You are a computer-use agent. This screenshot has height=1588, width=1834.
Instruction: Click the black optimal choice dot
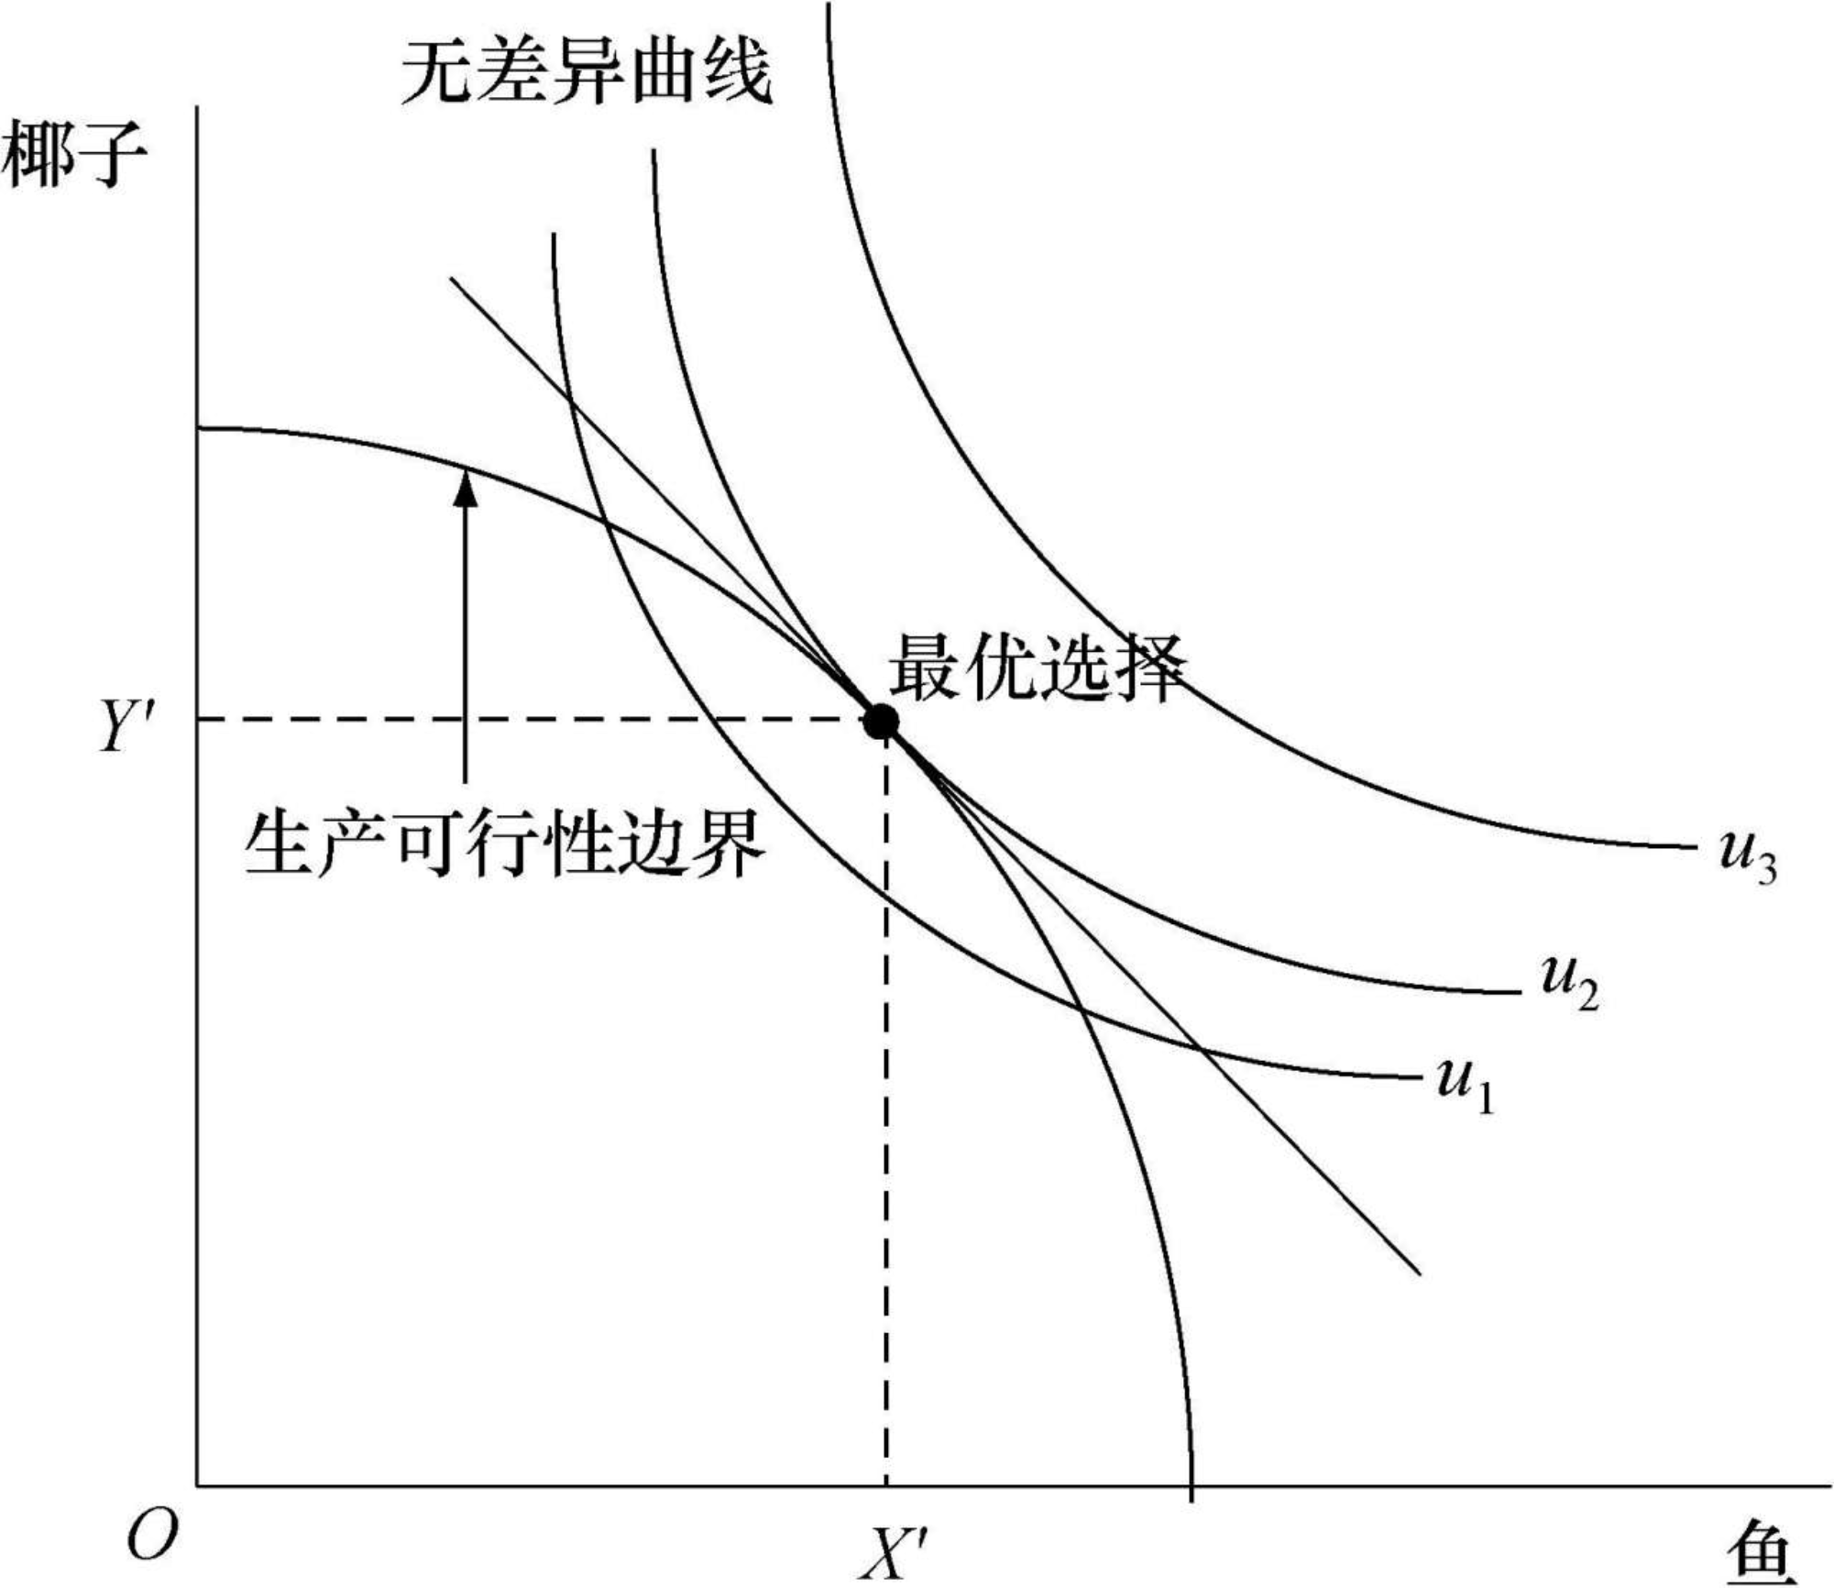881,722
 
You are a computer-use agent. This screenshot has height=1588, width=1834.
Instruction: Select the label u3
1747,855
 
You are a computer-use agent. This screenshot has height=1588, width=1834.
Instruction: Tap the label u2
1569,982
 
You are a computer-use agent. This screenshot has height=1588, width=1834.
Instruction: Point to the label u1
1465,1084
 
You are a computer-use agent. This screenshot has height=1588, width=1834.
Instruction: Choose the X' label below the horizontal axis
892,1552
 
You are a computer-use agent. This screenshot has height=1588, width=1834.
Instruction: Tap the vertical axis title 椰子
73,156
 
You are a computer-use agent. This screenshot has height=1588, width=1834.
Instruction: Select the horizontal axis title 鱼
1760,1552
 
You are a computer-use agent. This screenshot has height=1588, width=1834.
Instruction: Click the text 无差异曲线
587,72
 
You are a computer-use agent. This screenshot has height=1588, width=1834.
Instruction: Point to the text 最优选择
1037,667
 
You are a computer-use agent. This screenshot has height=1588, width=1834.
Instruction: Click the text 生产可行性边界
504,844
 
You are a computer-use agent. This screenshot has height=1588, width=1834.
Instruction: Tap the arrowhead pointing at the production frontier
467,487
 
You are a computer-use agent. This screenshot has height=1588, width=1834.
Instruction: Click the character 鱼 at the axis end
1760,1552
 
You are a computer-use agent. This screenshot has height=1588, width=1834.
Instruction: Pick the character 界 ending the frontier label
729,844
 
